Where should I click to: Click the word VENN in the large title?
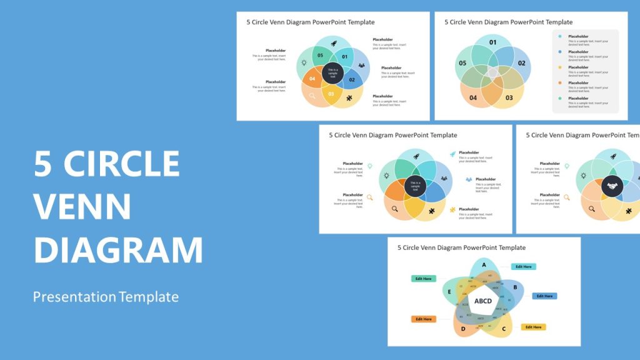coord(82,206)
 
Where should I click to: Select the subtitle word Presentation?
coord(74,297)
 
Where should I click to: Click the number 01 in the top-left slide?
coord(344,57)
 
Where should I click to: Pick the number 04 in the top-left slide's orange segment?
coord(312,79)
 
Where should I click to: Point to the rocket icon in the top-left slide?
coord(333,44)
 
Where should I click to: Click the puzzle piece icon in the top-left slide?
coord(348,97)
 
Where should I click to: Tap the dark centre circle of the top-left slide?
coord(333,72)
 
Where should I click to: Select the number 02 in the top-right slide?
coord(521,63)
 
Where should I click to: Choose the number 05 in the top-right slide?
coord(462,63)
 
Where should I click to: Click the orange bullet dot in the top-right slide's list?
coord(560,82)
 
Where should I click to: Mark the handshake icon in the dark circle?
coord(612,186)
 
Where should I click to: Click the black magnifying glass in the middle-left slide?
coord(394,209)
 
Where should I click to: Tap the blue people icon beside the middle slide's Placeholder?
coord(468,179)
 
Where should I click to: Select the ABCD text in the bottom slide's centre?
coord(483,301)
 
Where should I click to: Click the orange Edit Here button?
coord(423,319)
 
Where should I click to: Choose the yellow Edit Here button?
coord(533,327)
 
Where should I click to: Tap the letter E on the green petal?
coord(449,291)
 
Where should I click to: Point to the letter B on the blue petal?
coord(514,287)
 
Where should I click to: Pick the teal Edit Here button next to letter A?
coord(523,267)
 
